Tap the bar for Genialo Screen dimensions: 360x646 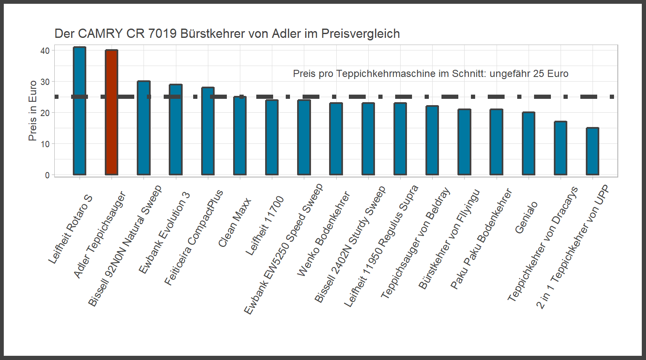click(529, 143)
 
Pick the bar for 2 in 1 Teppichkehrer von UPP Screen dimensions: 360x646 click(593, 151)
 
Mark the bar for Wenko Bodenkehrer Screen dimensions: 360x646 click(336, 139)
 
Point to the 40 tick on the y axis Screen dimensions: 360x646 click(45, 50)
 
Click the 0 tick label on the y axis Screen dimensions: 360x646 click(47, 175)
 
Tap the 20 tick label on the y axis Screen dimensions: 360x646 click(45, 113)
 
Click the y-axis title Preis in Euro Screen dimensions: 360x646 click(32, 111)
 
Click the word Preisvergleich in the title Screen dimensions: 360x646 click(360, 34)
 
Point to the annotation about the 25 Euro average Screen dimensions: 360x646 click(431, 74)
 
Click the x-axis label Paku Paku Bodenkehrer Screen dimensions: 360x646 click(481, 239)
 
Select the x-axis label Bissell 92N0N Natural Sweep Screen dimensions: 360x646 click(125, 246)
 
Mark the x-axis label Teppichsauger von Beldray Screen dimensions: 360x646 click(415, 243)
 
